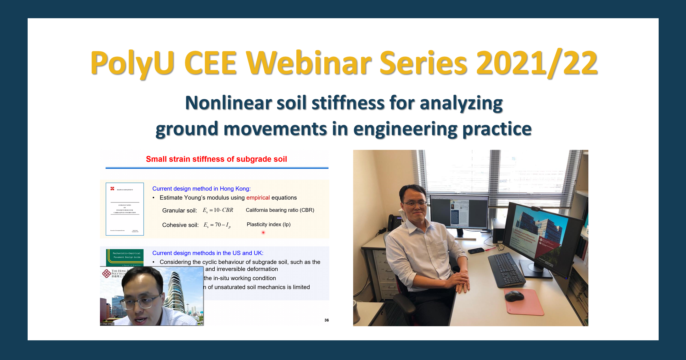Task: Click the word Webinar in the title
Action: [309, 63]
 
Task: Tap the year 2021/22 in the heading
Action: [537, 63]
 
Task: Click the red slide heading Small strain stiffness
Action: [216, 159]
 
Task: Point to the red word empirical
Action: [258, 197]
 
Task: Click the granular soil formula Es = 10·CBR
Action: [218, 210]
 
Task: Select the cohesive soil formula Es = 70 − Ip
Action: [217, 225]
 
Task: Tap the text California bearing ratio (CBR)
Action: [280, 210]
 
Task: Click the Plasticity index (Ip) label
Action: [268, 225]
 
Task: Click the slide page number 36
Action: [326, 320]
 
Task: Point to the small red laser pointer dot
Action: [263, 232]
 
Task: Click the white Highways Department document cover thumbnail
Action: [125, 209]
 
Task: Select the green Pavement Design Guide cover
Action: [125, 257]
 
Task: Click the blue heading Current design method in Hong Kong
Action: [201, 189]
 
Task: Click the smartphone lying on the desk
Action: [476, 251]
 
